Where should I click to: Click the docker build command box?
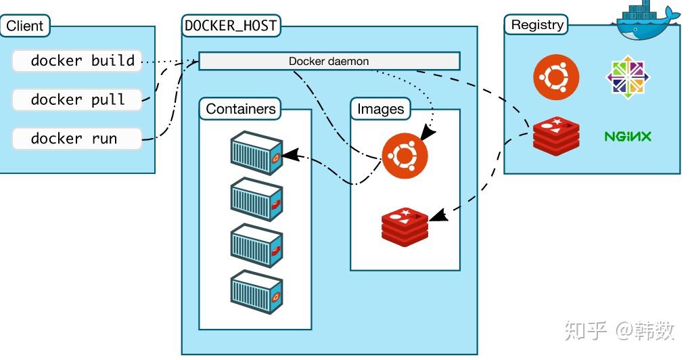[x=77, y=61]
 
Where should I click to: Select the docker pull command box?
[x=77, y=99]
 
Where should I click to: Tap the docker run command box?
[x=77, y=139]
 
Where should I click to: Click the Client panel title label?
[x=25, y=26]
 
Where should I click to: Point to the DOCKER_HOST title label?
[x=231, y=26]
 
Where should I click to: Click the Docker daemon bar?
[x=329, y=62]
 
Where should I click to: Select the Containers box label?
[x=241, y=109]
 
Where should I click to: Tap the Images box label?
[x=380, y=109]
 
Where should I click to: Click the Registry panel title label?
[x=537, y=25]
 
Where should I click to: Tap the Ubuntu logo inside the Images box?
[x=405, y=155]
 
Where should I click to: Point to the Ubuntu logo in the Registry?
[x=556, y=76]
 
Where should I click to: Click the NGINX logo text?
[x=627, y=136]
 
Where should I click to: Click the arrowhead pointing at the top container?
[x=290, y=154]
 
